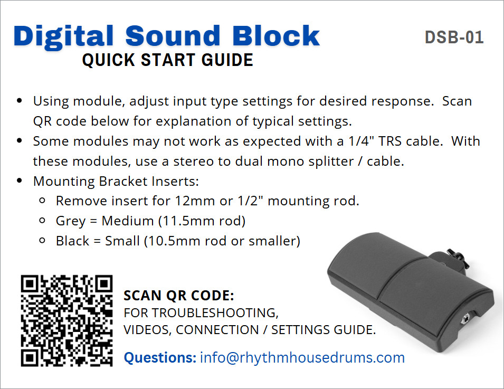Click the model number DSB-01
pos(454,37)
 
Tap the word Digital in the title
pos(64,36)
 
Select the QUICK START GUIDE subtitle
pos(167,60)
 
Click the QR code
pos(66,320)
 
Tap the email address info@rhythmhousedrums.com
pos(302,357)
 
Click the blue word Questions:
pos(160,357)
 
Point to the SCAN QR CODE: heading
pos(179,296)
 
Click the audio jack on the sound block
pos(464,320)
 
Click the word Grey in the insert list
pos(71,221)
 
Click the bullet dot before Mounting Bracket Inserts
pos(20,181)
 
